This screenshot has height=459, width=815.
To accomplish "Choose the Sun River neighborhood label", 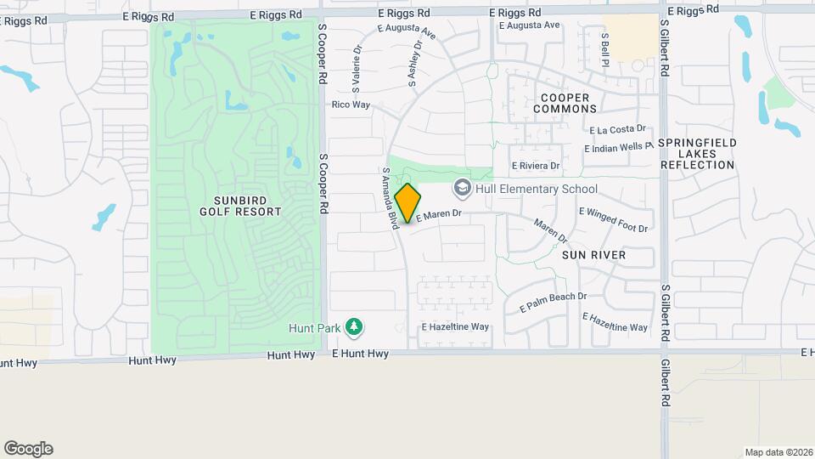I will click(593, 254).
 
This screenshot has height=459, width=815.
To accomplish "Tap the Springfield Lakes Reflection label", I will click(695, 154).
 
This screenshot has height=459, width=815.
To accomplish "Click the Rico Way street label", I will click(351, 105).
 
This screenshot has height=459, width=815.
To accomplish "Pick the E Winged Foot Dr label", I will click(613, 219).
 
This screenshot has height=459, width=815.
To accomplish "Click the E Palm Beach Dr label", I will click(554, 302).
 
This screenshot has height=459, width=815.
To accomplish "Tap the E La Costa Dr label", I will click(617, 129).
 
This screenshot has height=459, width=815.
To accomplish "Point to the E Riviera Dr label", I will click(535, 166).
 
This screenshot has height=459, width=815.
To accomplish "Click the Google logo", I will click(29, 449).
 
